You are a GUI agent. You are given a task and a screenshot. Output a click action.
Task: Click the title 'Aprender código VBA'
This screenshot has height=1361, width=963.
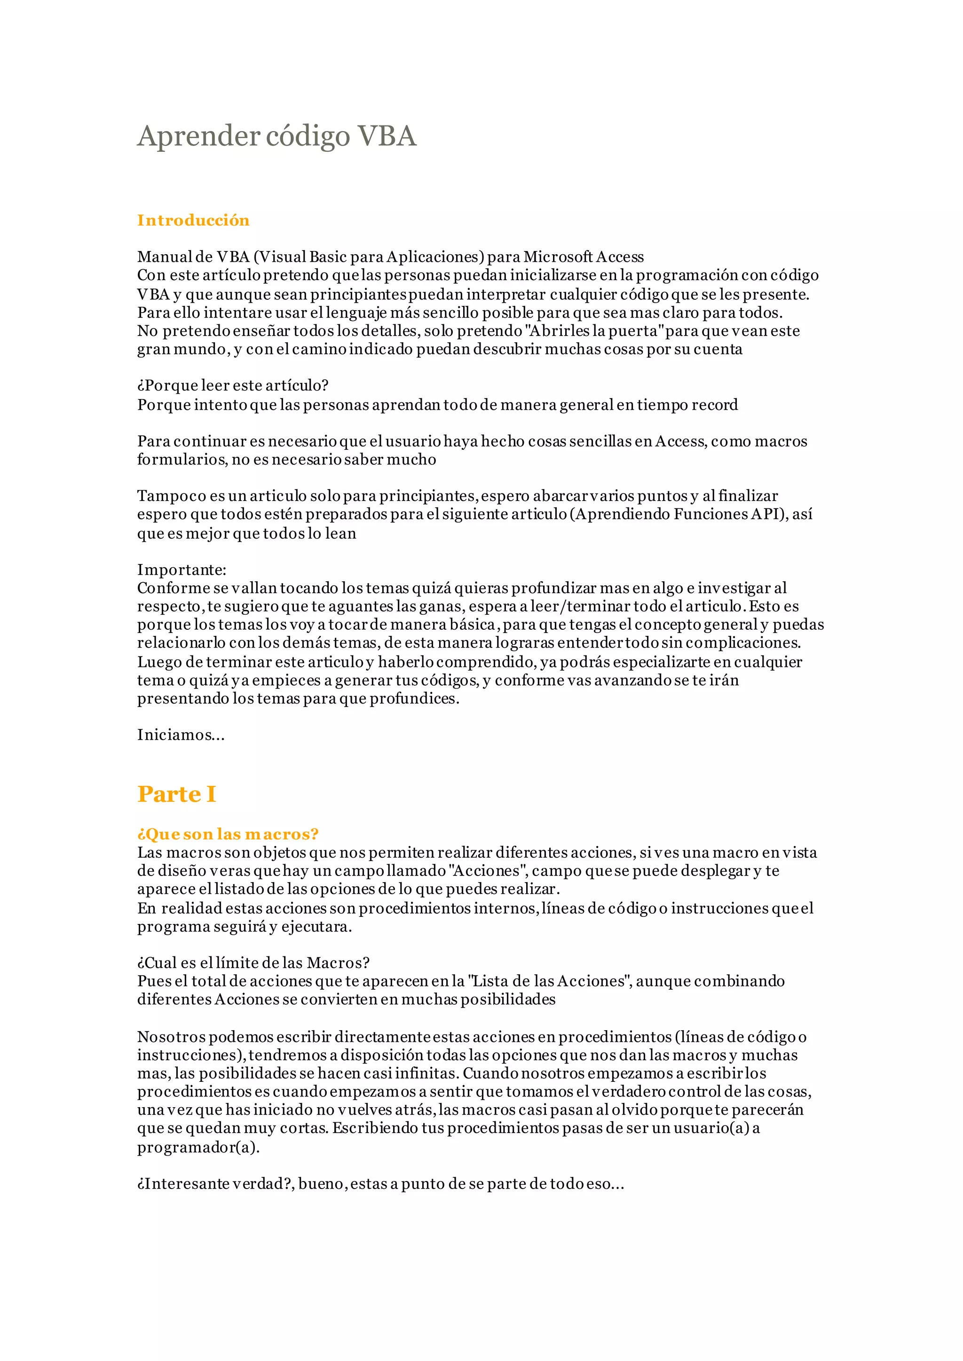[x=277, y=136]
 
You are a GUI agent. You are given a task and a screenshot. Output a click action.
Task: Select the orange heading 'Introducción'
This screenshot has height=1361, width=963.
[x=193, y=220]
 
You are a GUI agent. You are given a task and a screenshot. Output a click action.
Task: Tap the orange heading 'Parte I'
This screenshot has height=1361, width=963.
[x=177, y=794]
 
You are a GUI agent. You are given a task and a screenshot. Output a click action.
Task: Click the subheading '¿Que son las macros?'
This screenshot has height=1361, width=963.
[x=228, y=834]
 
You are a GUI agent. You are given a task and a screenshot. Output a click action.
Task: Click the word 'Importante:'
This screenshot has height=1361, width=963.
[x=182, y=570]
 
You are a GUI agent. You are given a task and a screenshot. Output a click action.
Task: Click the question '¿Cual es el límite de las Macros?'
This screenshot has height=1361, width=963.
[x=253, y=962]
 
